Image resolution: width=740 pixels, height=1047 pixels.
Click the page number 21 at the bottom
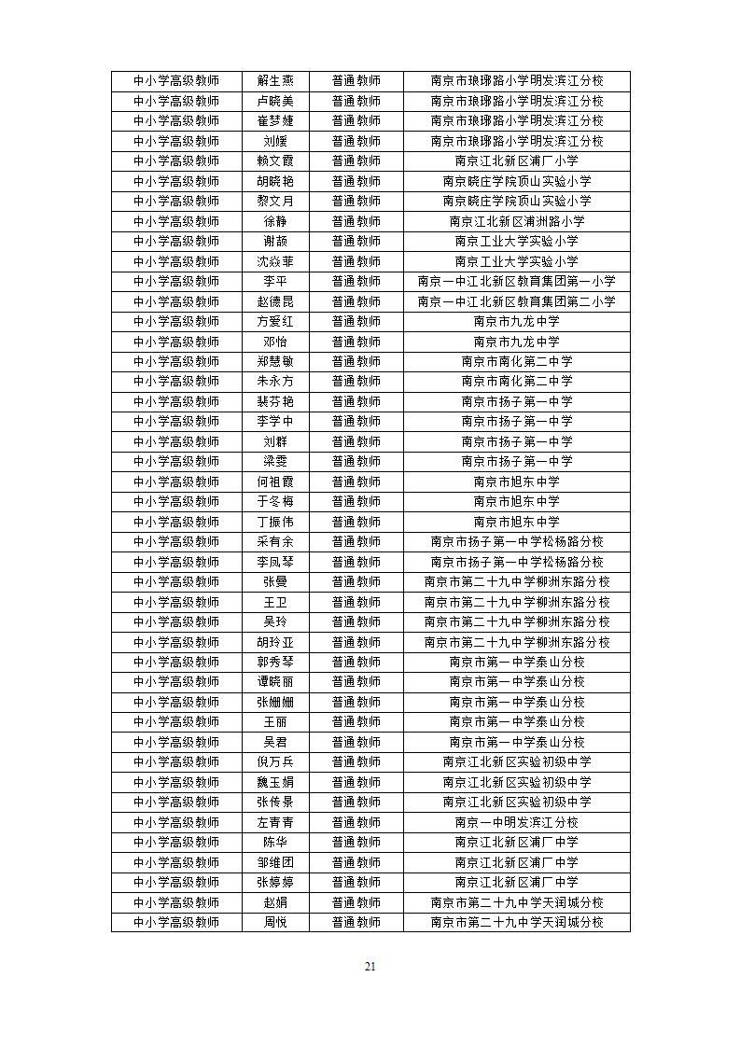coord(370,966)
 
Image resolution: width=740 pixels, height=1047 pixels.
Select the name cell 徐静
coord(275,221)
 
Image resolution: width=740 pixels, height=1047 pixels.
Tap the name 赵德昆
coord(275,301)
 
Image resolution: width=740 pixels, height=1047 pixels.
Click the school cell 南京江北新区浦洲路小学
coord(516,221)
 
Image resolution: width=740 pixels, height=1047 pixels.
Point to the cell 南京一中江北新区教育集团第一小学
coord(516,281)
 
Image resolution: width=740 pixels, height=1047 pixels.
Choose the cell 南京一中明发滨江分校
coord(516,822)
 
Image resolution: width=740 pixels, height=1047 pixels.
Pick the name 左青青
coord(275,822)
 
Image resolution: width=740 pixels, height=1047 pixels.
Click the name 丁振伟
coord(275,522)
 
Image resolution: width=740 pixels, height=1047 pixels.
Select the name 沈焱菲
coord(275,261)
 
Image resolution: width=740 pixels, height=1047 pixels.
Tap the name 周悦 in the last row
coord(275,922)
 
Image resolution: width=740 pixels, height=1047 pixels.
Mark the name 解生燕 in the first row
coord(275,81)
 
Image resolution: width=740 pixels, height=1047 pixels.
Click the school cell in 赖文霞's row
coord(516,161)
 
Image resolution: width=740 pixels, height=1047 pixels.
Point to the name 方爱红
coord(275,321)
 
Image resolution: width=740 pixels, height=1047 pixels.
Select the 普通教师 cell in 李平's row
coord(356,281)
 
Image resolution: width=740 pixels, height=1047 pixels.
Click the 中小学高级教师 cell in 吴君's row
coord(176,742)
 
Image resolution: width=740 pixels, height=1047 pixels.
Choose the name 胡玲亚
coord(275,642)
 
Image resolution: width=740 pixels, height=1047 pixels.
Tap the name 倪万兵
coord(275,761)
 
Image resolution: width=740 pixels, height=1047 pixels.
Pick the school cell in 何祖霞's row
coord(516,482)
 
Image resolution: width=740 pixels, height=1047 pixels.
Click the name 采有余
coord(275,541)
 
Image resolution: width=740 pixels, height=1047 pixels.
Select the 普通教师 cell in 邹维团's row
coord(356,862)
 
